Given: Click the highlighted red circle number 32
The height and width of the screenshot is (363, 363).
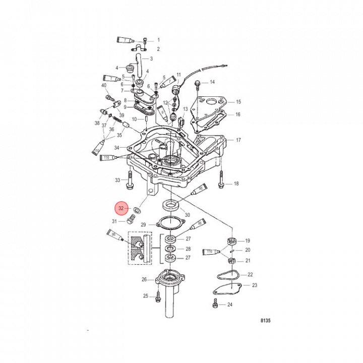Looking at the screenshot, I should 120,208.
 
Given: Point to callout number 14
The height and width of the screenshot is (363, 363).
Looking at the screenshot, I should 212,82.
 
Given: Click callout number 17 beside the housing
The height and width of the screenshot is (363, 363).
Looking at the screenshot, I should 238,140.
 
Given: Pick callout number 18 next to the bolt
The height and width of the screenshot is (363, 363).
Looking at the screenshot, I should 235,184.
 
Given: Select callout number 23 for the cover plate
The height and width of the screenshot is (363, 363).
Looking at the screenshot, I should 255,285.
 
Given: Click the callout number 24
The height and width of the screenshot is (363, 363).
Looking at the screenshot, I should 229,305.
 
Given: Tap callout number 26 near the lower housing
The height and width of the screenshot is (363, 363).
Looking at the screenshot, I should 144,279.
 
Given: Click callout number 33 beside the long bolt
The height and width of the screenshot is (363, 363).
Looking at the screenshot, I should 117,180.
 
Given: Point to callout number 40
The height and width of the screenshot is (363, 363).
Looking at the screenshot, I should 104,85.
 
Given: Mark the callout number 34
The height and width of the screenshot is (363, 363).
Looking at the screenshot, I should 116,148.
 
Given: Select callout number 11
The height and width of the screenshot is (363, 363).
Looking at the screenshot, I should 178,74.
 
